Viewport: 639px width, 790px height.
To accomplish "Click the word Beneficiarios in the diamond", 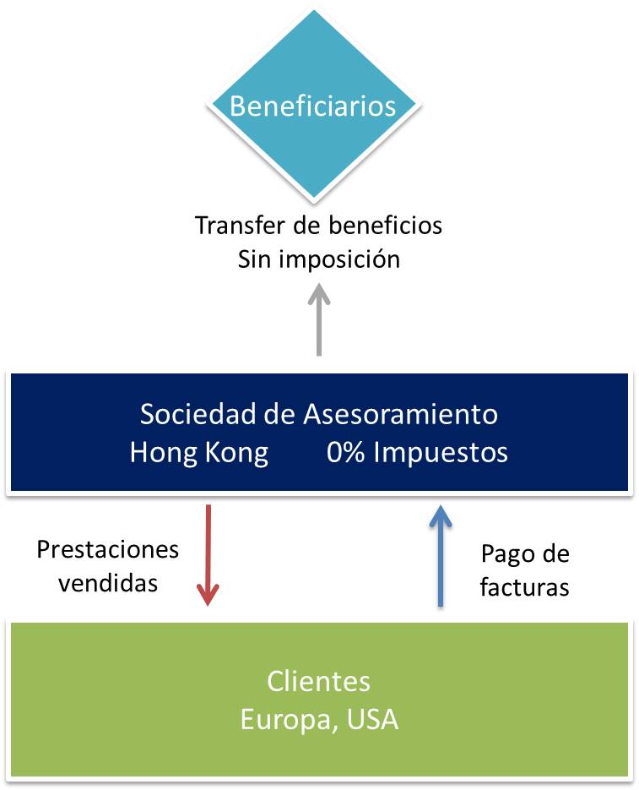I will (x=313, y=106).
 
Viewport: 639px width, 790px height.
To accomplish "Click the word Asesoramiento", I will (x=398, y=415).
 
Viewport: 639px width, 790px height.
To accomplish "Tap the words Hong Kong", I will (x=198, y=453).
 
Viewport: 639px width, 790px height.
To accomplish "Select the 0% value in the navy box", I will (x=347, y=453).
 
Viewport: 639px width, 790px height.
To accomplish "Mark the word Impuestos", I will (x=441, y=453).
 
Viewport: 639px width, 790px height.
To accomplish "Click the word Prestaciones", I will (x=108, y=550).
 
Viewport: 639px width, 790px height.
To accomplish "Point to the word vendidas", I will (x=108, y=582).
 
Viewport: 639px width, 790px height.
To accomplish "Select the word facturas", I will (x=524, y=586).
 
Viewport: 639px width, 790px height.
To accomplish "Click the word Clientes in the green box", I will (x=318, y=681).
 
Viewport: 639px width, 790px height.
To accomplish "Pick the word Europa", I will (x=284, y=720).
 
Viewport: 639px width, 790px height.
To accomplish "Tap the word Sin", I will (x=255, y=259).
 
